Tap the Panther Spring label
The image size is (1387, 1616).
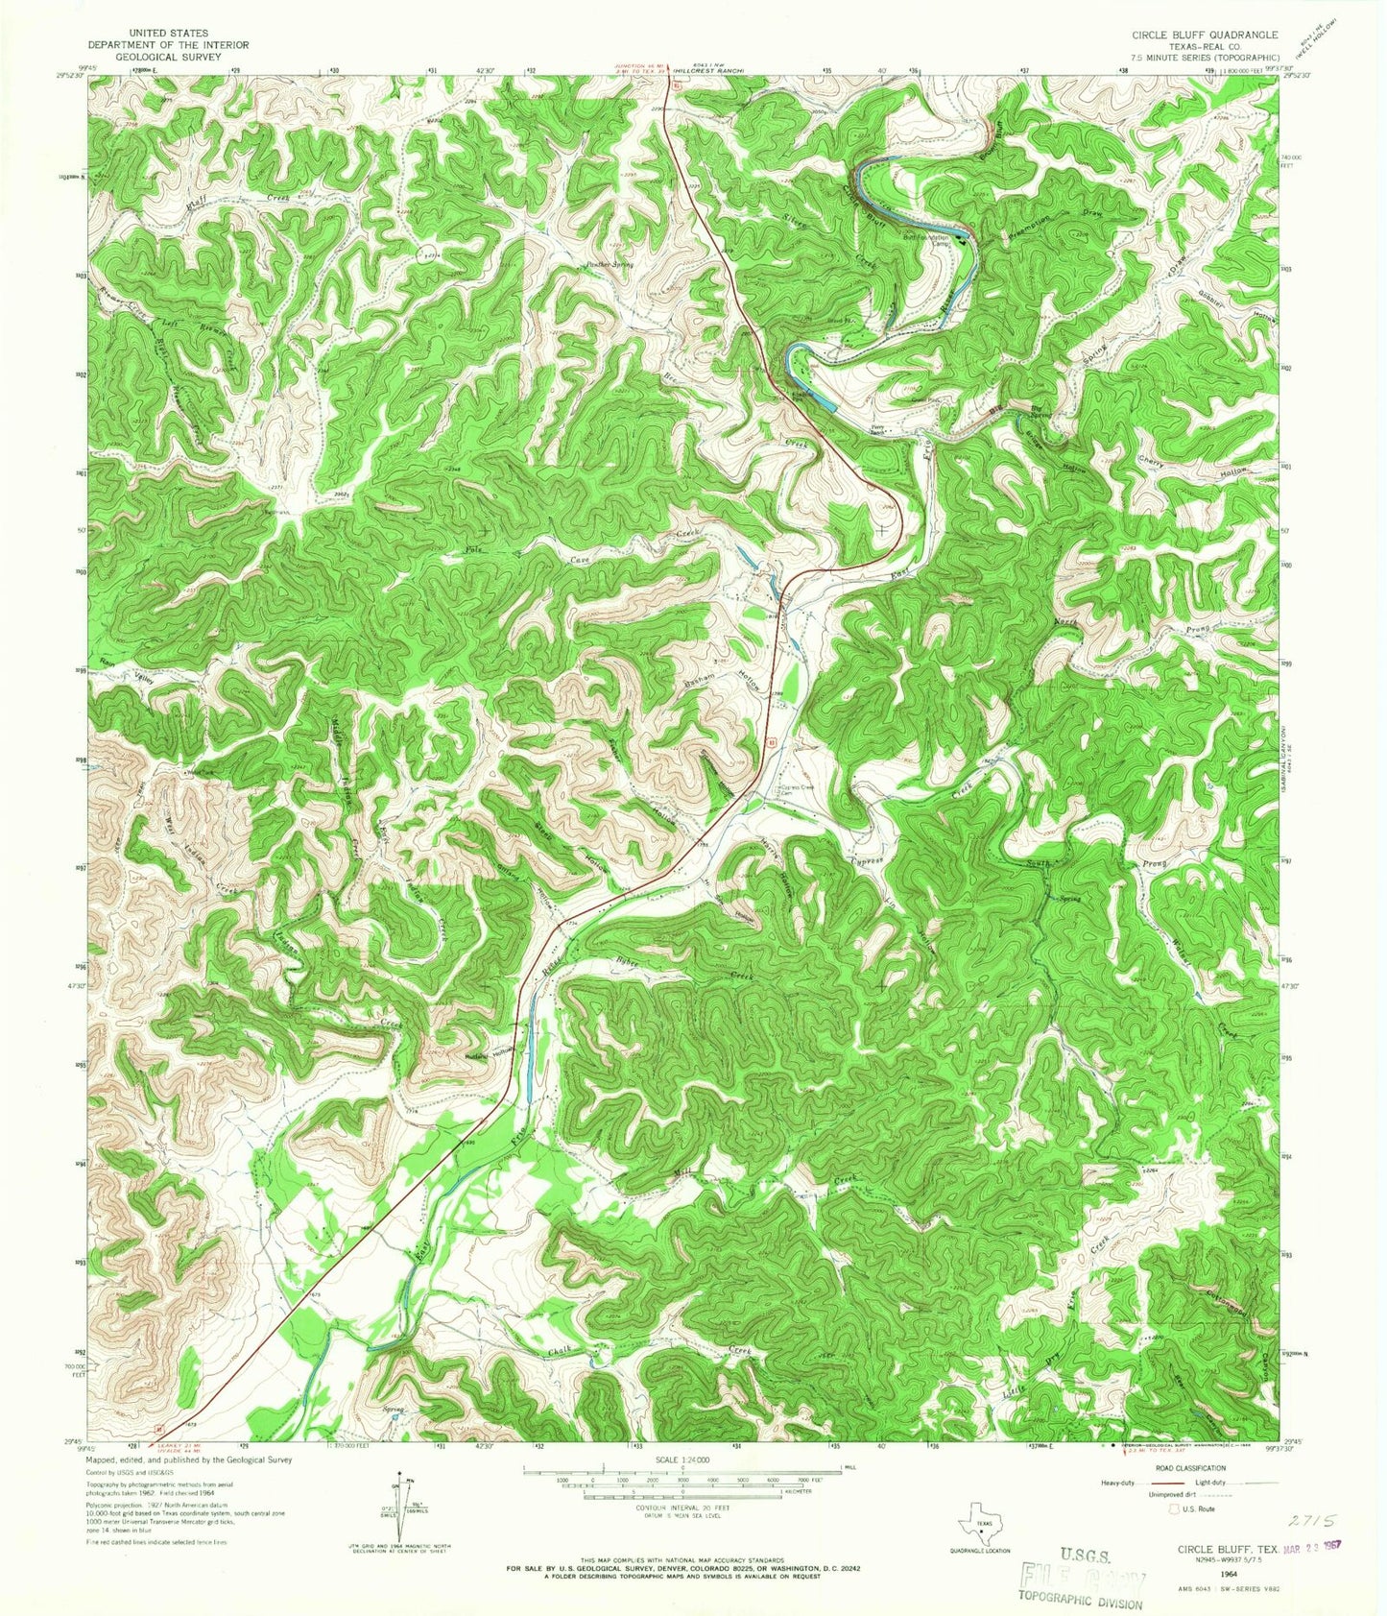(x=603, y=264)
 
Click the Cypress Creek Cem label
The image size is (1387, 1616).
(x=793, y=789)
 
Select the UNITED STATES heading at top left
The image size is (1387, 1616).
(x=148, y=33)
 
